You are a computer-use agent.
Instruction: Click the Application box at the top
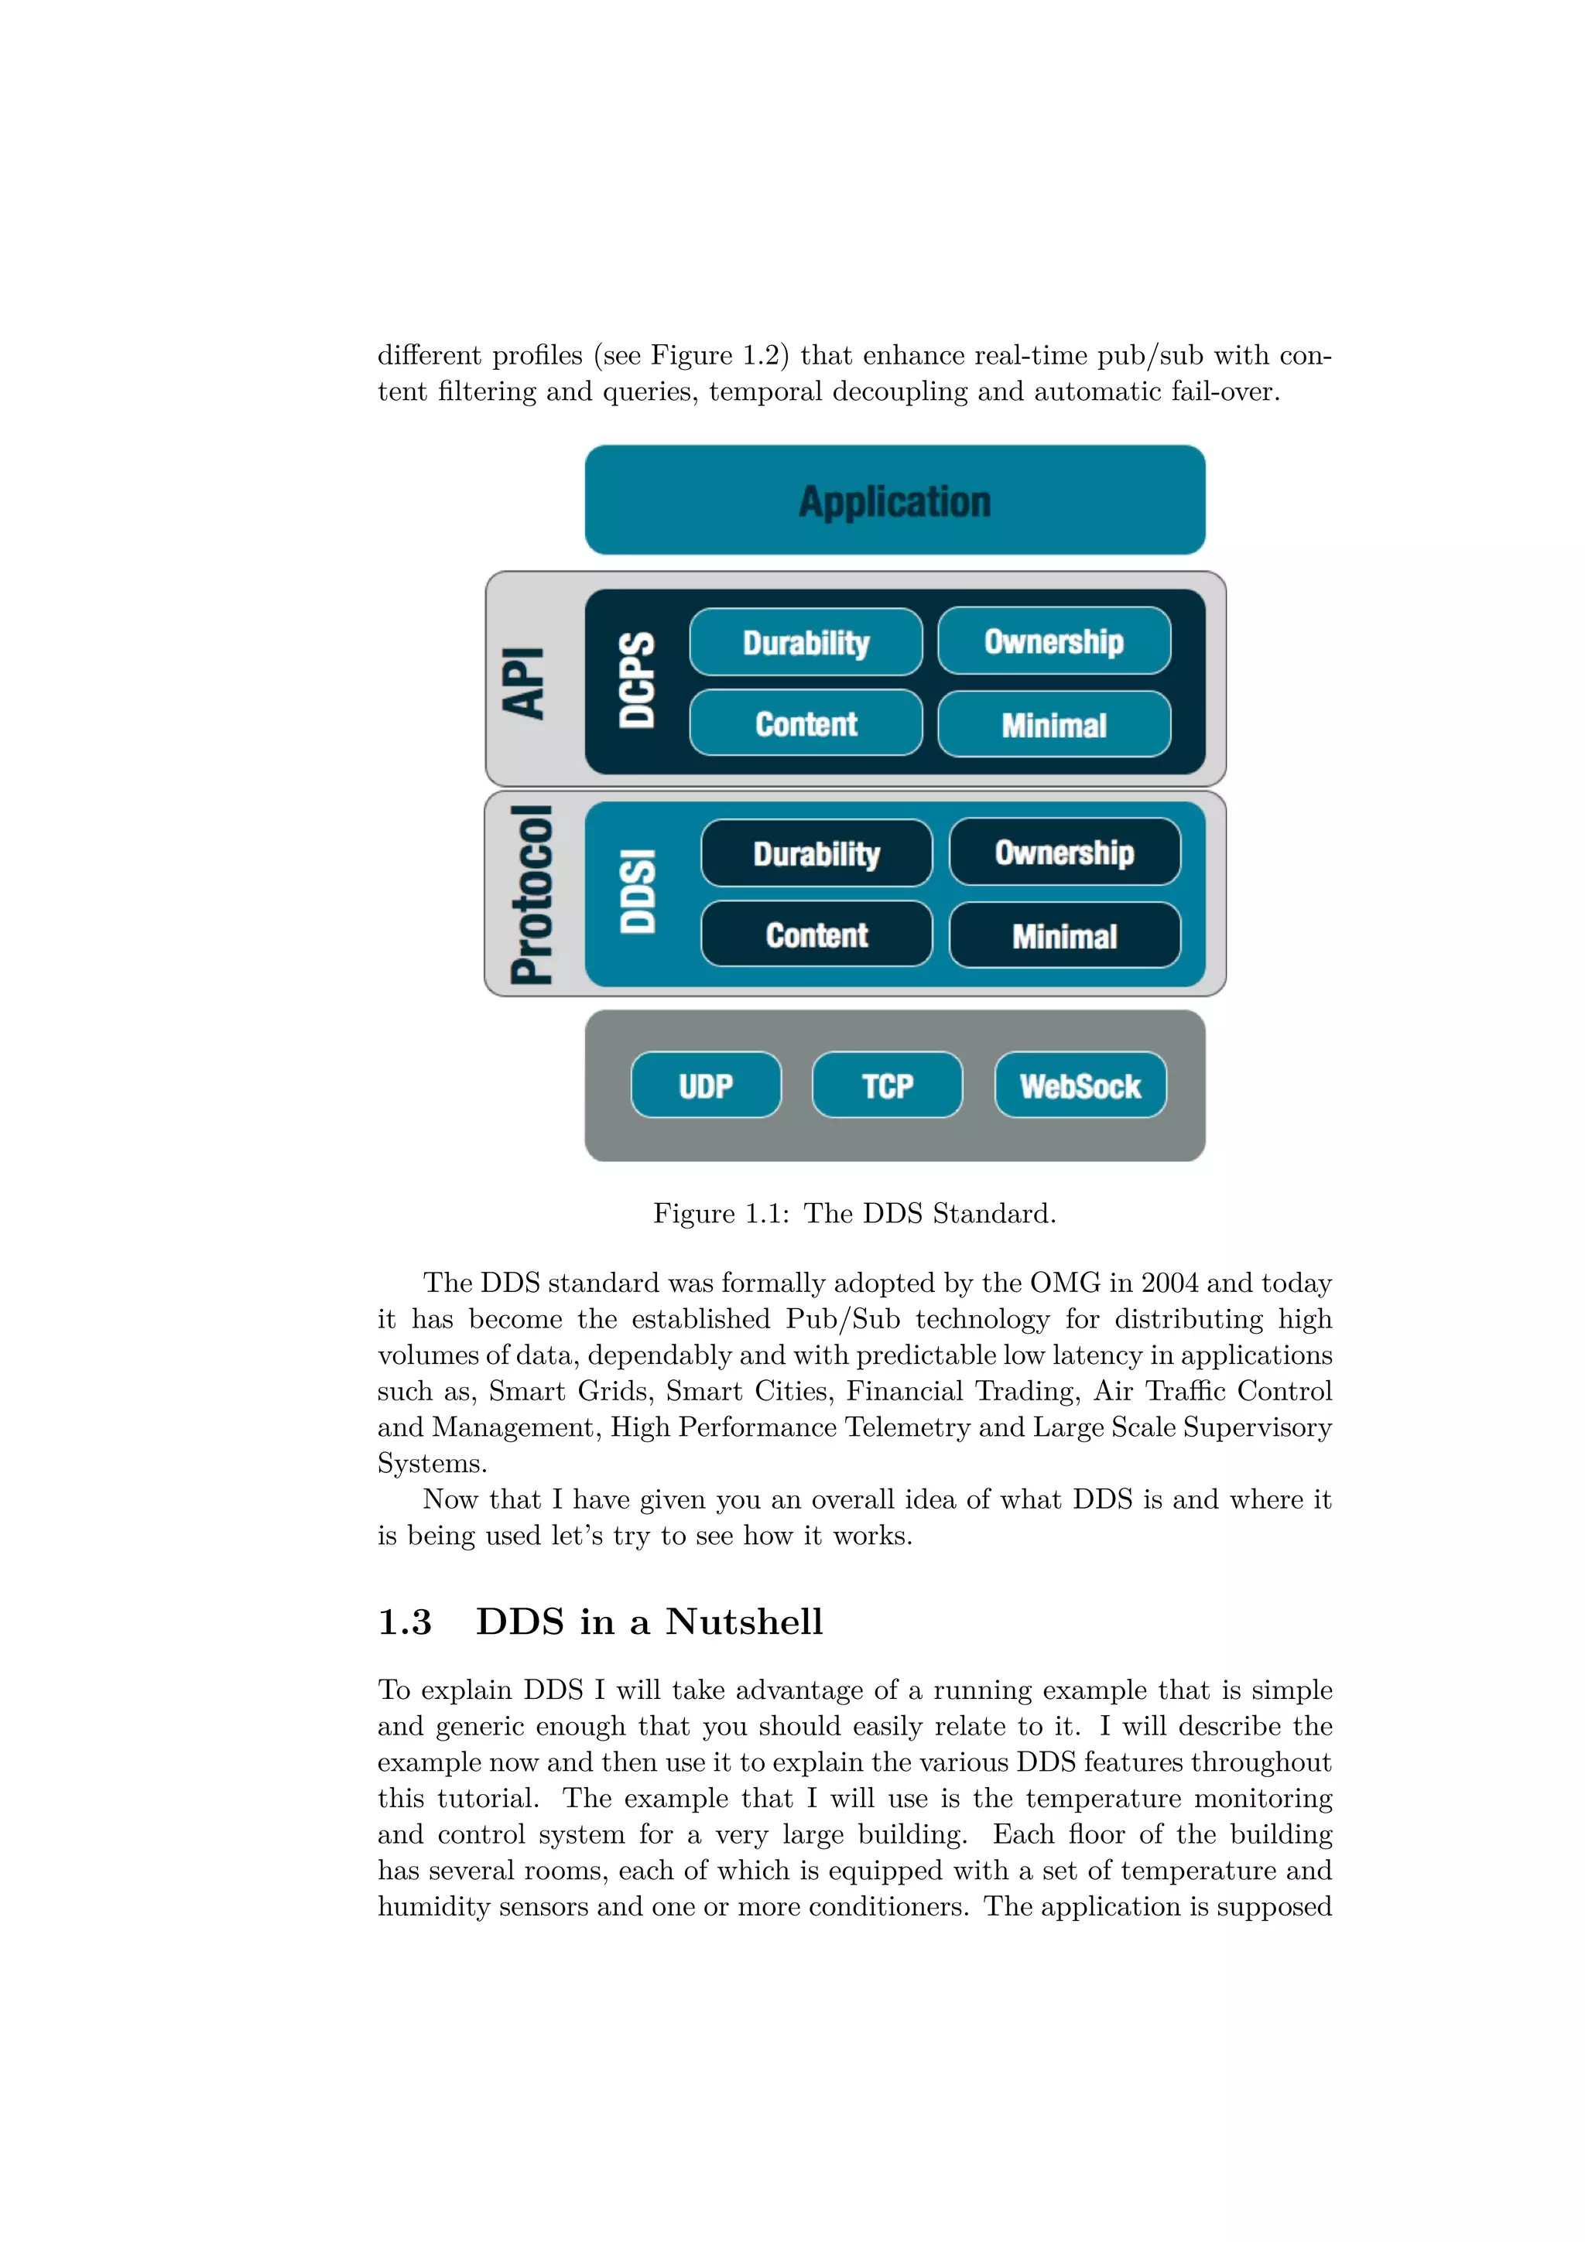(x=894, y=500)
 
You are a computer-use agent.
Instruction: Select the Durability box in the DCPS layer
(x=806, y=643)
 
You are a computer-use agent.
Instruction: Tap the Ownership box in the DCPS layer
(x=1054, y=641)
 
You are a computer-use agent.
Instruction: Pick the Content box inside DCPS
(x=806, y=723)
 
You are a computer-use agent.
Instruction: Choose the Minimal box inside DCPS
(x=1054, y=725)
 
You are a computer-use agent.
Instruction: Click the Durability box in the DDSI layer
(x=816, y=853)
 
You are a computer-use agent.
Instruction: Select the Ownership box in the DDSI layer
(x=1064, y=853)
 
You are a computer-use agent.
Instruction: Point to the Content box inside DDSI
(x=816, y=935)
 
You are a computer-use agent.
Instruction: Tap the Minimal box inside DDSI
(x=1064, y=935)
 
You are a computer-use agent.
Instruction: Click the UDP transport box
(x=705, y=1085)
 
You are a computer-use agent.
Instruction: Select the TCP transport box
(x=887, y=1085)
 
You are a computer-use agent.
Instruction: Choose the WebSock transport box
(x=1080, y=1085)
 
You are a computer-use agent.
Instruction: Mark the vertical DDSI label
(x=637, y=891)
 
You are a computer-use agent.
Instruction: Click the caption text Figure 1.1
(x=721, y=1214)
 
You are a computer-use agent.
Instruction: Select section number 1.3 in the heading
(x=404, y=1623)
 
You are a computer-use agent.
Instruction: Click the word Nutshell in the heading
(x=745, y=1623)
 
